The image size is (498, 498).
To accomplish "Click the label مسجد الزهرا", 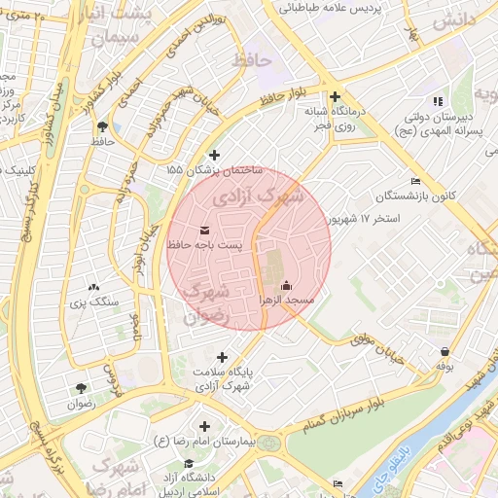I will coord(286,302).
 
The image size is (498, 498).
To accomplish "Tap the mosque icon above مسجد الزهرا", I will coord(286,286).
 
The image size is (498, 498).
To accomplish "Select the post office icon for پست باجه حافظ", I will coord(204,231).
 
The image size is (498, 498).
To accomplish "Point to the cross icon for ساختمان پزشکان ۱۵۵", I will coord(215,154).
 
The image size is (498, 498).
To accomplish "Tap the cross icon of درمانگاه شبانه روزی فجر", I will coord(335,96).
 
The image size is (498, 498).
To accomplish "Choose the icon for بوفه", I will coord(445,351).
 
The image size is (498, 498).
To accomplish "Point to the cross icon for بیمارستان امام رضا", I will coord(204,426).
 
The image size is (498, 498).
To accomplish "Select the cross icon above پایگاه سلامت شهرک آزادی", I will coord(223,357).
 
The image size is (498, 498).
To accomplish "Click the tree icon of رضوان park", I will coord(80,388).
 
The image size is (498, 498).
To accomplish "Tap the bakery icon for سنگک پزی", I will coord(93,287).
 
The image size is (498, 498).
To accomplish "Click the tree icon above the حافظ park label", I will coord(102,125).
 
